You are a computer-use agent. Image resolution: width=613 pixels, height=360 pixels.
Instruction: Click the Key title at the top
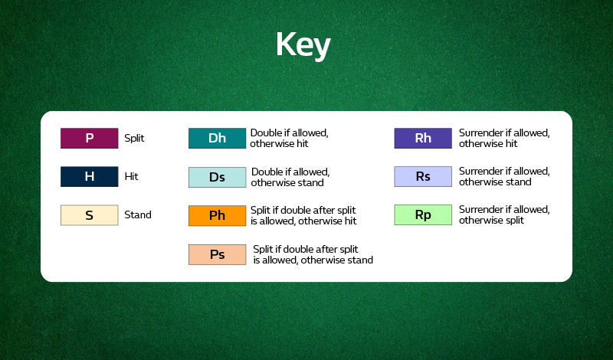tap(303, 46)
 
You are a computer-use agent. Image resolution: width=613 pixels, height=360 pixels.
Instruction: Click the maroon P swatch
tap(89, 139)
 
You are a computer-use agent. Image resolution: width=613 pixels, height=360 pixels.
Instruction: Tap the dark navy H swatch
tap(89, 176)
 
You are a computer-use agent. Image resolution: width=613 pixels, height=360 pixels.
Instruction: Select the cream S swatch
tap(89, 215)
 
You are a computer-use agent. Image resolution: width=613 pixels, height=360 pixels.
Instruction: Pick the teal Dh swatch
tap(217, 139)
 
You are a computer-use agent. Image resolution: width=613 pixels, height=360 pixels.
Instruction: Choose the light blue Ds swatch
tap(217, 177)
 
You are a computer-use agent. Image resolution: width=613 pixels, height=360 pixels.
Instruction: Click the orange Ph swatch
tap(217, 216)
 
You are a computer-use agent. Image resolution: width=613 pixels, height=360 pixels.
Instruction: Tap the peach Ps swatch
tap(217, 254)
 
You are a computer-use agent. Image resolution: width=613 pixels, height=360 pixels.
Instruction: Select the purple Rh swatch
tap(423, 139)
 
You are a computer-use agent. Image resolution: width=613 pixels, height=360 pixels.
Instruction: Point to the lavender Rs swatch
tap(423, 177)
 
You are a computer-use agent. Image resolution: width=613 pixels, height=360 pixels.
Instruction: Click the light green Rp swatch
tap(423, 215)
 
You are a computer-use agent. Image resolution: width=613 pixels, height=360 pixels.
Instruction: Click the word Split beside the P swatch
tap(135, 139)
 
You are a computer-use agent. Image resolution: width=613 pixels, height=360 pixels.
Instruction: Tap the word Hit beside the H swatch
tap(131, 176)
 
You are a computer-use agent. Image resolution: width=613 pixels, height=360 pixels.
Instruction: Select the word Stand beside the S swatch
tap(138, 215)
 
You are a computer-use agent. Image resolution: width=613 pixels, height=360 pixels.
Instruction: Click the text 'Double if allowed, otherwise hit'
tap(290, 138)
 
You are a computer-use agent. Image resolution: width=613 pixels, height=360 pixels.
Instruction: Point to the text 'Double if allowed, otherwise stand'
tap(290, 177)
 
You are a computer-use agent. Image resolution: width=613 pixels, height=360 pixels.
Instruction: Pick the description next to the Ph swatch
tap(303, 215)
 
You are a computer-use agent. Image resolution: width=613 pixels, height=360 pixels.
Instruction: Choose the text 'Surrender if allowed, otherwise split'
tap(504, 215)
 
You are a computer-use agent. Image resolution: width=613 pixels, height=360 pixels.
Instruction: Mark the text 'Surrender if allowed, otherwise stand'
tap(504, 177)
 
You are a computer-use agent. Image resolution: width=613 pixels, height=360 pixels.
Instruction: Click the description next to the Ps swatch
tap(313, 254)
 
